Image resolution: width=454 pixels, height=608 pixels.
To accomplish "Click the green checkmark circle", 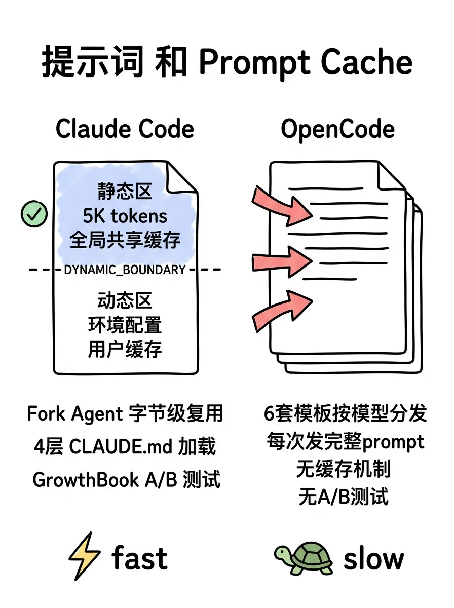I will click(x=34, y=214).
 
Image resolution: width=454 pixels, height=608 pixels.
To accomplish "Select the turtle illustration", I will click(x=304, y=557).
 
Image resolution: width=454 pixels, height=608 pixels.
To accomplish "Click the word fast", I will click(x=139, y=557).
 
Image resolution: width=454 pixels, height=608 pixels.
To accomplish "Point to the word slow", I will click(x=373, y=558).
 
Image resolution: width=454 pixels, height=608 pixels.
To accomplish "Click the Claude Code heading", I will click(x=125, y=129).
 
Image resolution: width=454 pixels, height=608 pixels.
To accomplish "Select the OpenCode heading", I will click(x=337, y=129).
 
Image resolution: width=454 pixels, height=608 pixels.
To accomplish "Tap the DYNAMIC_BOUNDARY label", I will click(x=125, y=270).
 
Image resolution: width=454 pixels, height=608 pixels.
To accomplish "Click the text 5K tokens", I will click(x=125, y=216).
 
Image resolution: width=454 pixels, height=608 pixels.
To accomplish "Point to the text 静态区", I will click(x=125, y=192).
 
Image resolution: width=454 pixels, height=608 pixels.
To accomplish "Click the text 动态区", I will click(x=125, y=301).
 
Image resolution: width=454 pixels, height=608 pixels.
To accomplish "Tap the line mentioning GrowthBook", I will click(x=126, y=479).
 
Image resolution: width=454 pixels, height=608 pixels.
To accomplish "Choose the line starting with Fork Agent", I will click(x=125, y=414).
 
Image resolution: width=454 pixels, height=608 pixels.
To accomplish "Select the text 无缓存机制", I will click(x=343, y=469).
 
